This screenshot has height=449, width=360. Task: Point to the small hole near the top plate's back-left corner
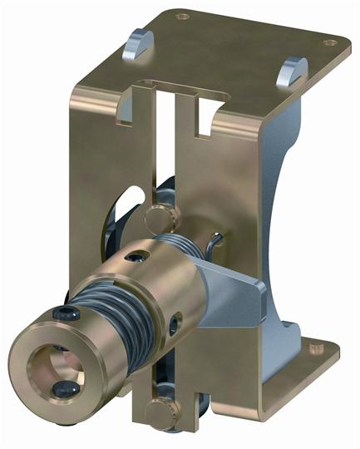pos(182,17)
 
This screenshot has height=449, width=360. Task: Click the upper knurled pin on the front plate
pos(161,217)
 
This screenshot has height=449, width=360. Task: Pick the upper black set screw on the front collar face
pos(64,314)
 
